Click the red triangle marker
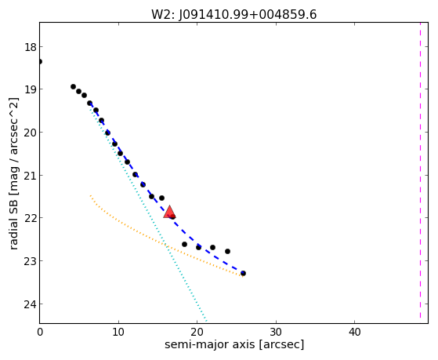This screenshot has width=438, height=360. click(169, 212)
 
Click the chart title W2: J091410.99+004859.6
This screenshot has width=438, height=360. click(233, 15)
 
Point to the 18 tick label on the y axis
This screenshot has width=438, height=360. click(31, 47)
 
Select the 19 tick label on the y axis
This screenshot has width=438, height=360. click(31, 89)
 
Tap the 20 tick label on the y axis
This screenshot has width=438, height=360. click(31, 133)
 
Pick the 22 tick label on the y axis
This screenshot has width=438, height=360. click(31, 218)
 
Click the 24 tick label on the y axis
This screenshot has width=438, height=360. click(31, 304)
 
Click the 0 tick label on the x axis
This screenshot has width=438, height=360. click(40, 333)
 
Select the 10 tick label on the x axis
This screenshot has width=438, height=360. click(118, 333)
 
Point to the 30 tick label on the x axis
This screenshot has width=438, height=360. click(276, 333)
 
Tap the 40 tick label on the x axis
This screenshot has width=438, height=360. click(354, 333)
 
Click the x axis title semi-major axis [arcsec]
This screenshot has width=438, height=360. click(234, 344)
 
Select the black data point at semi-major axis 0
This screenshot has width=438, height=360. click(40, 61)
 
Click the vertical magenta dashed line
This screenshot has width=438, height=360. click(420, 170)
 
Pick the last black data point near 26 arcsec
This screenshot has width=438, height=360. click(243, 273)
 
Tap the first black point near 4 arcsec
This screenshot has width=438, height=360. click(73, 87)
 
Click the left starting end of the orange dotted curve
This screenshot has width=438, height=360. click(90, 195)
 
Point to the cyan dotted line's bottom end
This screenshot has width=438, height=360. click(206, 321)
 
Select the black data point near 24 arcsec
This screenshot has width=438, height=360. click(228, 252)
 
